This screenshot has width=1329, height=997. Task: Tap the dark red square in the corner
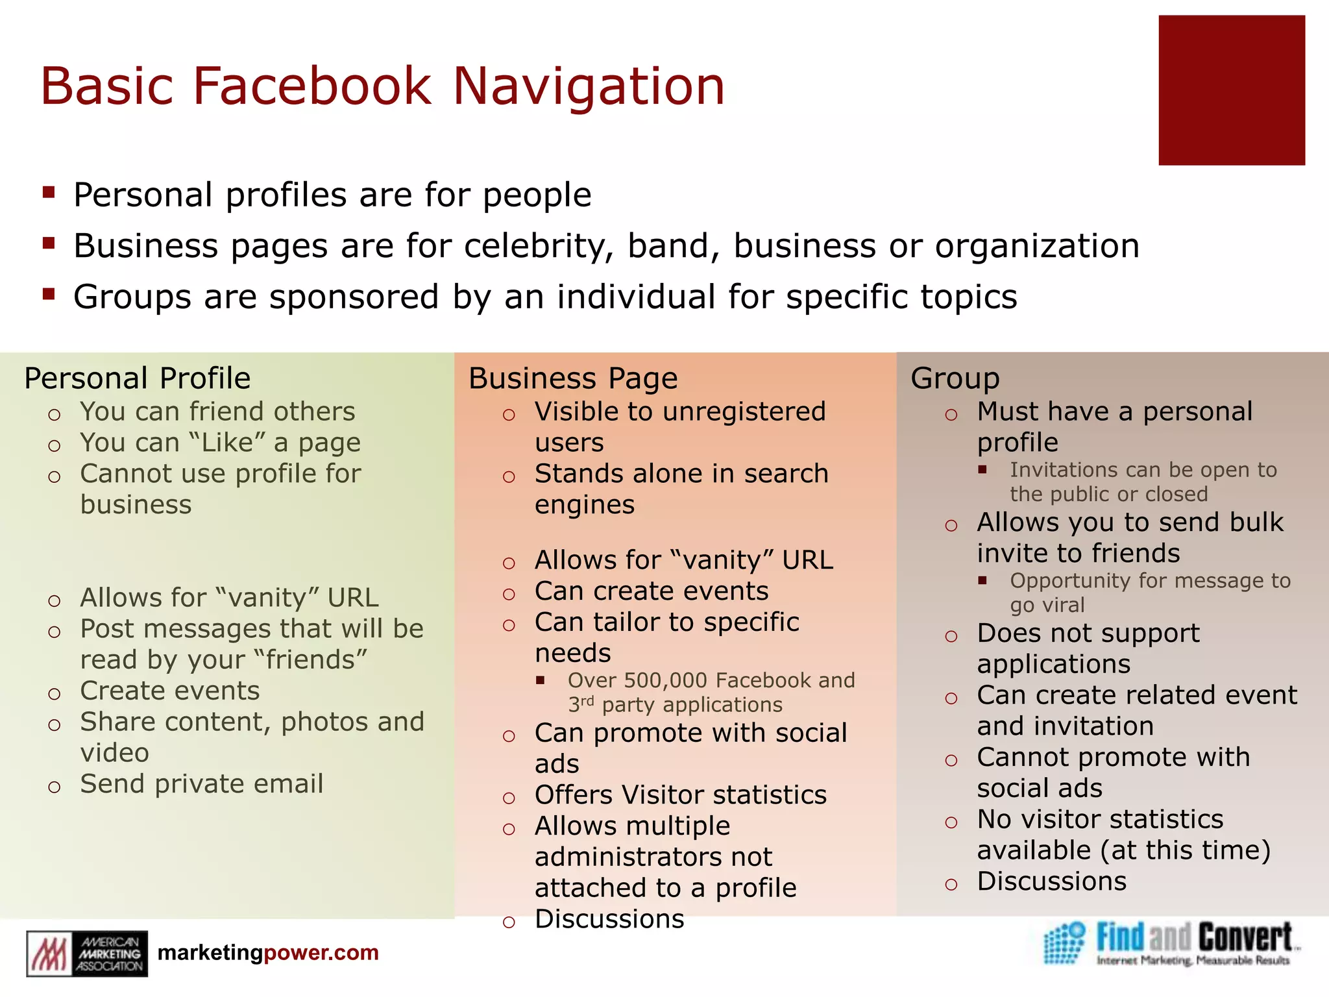pyautogui.click(x=1231, y=90)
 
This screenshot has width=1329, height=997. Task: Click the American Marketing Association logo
pyautogui.click(x=87, y=953)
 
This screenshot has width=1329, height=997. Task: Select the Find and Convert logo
pyautogui.click(x=1168, y=943)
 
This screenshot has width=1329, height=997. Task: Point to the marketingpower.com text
pyautogui.click(x=268, y=952)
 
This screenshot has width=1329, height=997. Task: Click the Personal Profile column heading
pyautogui.click(x=137, y=378)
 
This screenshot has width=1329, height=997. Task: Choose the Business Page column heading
pyautogui.click(x=573, y=378)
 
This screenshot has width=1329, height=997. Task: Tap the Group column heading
pyautogui.click(x=955, y=378)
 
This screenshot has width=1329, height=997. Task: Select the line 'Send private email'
pyautogui.click(x=201, y=784)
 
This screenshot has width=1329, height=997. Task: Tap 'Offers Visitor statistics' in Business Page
pyautogui.click(x=680, y=795)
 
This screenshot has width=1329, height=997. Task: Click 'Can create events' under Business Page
pyautogui.click(x=651, y=591)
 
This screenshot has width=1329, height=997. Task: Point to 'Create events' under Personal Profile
pyautogui.click(x=169, y=691)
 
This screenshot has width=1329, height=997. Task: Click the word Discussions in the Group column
pyautogui.click(x=1051, y=881)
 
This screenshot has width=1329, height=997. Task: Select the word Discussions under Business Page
pyautogui.click(x=609, y=919)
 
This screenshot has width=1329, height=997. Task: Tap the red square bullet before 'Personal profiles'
pyautogui.click(x=49, y=192)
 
